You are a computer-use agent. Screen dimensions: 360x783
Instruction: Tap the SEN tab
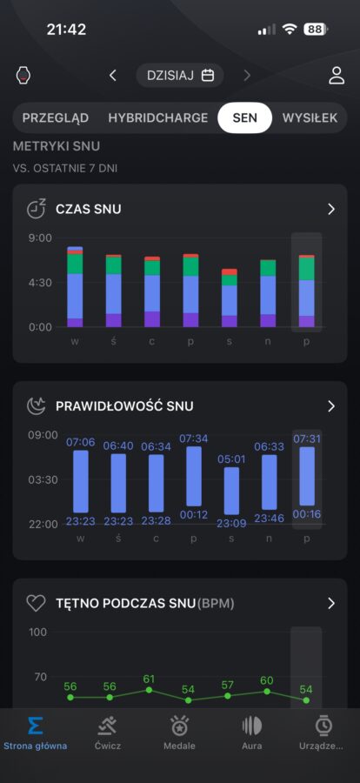pyautogui.click(x=244, y=117)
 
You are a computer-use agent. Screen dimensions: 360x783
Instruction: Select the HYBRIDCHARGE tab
pyautogui.click(x=157, y=117)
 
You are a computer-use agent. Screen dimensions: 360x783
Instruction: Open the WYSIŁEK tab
pyautogui.click(x=310, y=117)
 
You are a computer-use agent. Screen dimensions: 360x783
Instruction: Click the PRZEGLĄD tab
pyautogui.click(x=56, y=118)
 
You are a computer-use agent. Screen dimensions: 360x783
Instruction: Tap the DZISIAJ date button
pyautogui.click(x=180, y=76)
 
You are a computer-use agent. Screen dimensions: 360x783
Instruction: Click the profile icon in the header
pyautogui.click(x=337, y=76)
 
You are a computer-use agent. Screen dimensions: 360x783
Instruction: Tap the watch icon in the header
pyautogui.click(x=23, y=76)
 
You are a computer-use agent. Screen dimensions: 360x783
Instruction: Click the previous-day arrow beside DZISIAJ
pyautogui.click(x=113, y=76)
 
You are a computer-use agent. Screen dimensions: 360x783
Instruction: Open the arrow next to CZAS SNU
pyautogui.click(x=331, y=209)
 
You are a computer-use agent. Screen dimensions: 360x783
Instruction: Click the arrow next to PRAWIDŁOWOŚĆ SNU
pyautogui.click(x=331, y=406)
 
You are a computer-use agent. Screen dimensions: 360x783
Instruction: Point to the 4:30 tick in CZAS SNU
pyautogui.click(x=39, y=283)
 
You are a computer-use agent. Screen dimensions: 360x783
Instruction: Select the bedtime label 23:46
pyautogui.click(x=269, y=518)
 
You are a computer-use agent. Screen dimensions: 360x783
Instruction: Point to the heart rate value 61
pyautogui.click(x=149, y=679)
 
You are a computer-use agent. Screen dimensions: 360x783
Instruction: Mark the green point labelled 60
pyautogui.click(x=267, y=692)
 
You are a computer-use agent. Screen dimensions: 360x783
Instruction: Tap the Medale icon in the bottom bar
pyautogui.click(x=179, y=726)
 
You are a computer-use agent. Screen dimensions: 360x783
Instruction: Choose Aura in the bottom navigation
pyautogui.click(x=252, y=733)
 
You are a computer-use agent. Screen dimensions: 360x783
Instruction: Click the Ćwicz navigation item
pyautogui.click(x=107, y=733)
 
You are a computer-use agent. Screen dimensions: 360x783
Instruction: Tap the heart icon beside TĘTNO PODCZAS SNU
pyautogui.click(x=36, y=604)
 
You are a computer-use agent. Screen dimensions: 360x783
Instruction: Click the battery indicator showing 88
pyautogui.click(x=316, y=30)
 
